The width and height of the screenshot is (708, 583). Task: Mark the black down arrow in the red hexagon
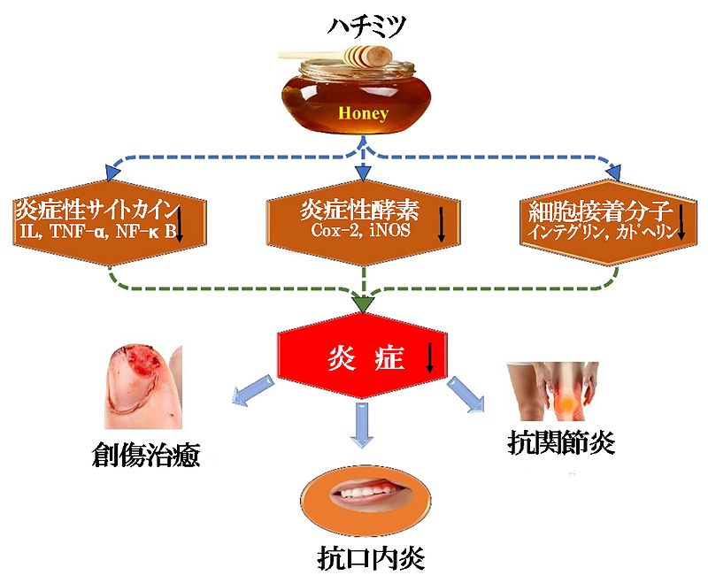point(430,357)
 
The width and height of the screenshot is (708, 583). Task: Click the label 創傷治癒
point(146,456)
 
